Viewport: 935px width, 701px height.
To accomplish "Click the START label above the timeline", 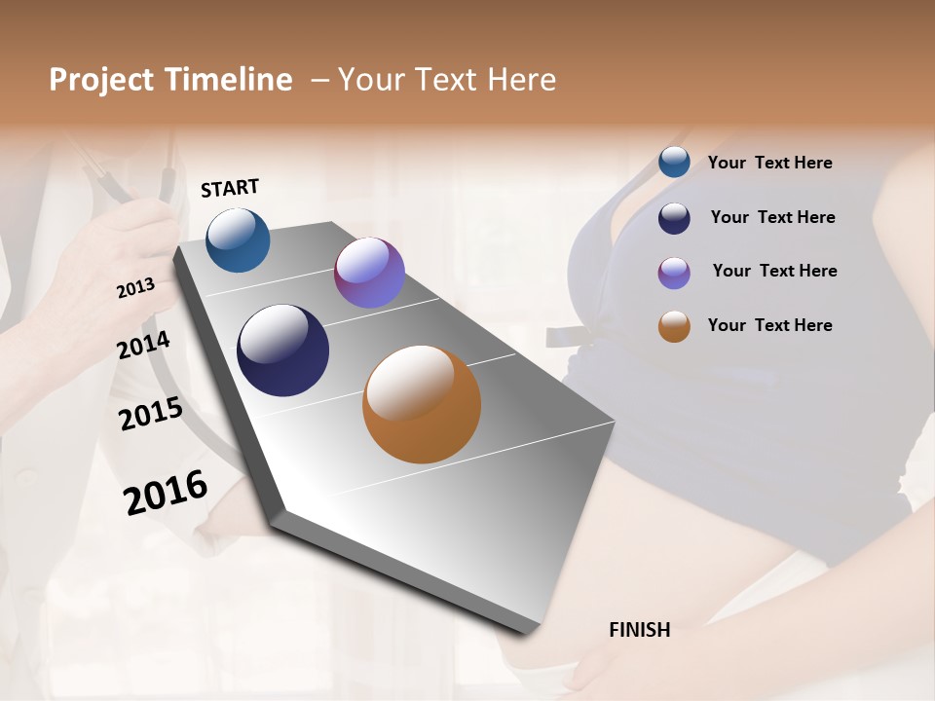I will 230,188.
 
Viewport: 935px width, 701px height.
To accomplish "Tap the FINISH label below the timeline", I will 639,630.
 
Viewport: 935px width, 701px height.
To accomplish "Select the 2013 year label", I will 135,288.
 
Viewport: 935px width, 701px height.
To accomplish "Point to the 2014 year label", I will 143,346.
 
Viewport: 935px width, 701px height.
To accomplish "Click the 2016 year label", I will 166,493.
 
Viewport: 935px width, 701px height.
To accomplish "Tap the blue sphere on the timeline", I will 238,240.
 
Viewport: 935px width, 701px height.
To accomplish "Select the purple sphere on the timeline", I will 369,273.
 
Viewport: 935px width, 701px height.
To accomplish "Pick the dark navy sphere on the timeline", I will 282,350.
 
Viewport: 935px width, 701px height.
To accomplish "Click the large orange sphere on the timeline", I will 422,404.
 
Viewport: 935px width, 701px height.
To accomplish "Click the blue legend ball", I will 674,163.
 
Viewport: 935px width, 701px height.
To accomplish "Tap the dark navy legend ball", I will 674,218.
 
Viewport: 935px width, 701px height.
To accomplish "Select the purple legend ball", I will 674,273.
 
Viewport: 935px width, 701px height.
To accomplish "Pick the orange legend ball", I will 674,326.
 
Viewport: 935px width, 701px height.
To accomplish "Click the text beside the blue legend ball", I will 769,164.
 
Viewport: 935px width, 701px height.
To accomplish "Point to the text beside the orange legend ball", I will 769,325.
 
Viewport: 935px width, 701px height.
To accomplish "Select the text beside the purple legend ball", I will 774,271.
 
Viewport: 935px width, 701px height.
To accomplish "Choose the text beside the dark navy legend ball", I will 772,217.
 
